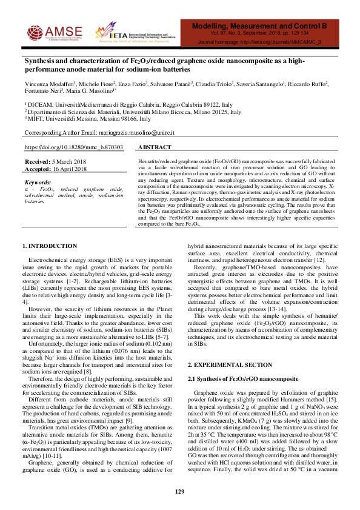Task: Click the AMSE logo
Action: tap(51, 30)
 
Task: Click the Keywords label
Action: tap(38, 181)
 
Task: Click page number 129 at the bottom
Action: tap(179, 491)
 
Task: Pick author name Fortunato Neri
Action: tap(42, 92)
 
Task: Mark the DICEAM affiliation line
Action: tap(121, 105)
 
